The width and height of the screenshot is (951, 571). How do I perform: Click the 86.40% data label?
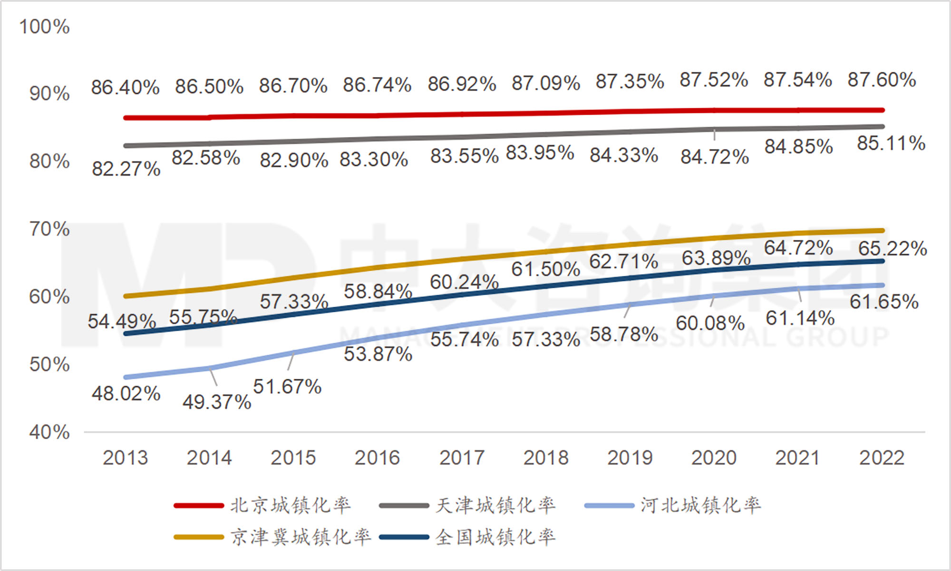[125, 88]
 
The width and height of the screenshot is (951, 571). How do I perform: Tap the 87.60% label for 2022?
[882, 80]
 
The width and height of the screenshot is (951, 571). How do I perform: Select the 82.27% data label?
[126, 169]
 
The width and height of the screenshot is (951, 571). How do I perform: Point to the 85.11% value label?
[891, 143]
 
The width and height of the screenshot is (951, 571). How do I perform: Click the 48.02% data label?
[126, 394]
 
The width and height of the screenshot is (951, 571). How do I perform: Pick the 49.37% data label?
[217, 402]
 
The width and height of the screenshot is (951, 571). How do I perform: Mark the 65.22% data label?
[893, 249]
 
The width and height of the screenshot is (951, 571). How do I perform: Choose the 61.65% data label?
[884, 302]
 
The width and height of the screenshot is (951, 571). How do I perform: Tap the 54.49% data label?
[122, 322]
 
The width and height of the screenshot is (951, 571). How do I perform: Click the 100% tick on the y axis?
[44, 27]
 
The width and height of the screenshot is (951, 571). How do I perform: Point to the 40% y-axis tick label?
[49, 433]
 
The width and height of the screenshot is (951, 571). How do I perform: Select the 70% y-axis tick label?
[49, 229]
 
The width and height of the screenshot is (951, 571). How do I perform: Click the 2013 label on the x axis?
[126, 458]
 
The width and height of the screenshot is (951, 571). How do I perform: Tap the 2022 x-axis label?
[882, 458]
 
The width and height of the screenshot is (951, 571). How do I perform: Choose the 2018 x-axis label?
[546, 458]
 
